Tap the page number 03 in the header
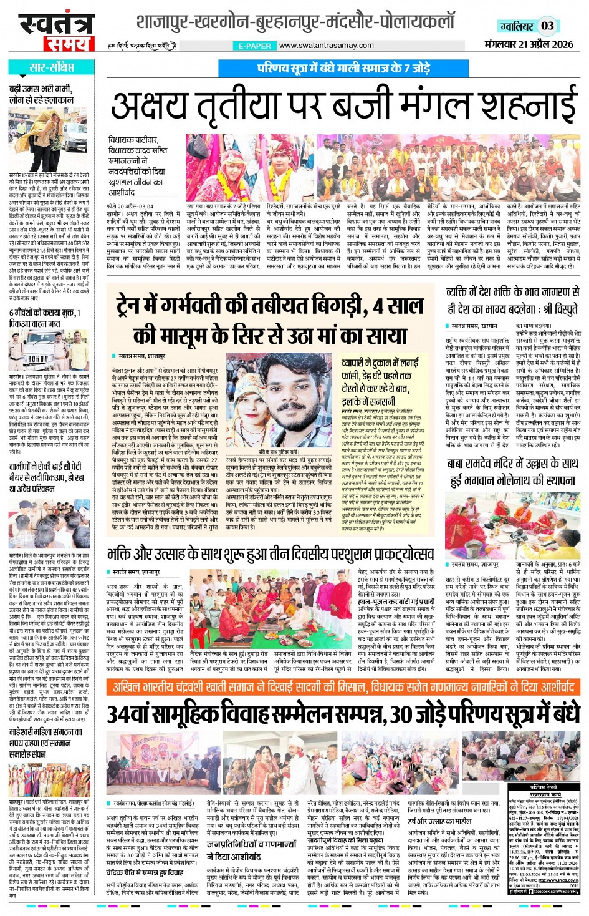pos(547,26)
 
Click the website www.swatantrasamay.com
pos(326,45)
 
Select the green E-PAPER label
pos(255,46)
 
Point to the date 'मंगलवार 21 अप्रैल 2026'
pos(529,44)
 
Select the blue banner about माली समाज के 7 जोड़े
pos(343,68)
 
